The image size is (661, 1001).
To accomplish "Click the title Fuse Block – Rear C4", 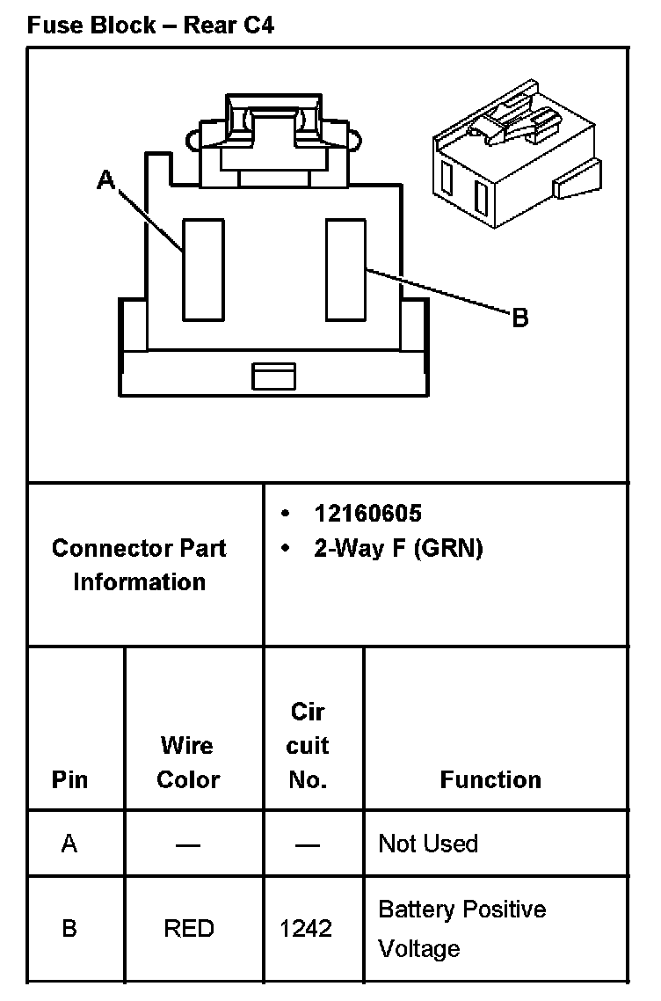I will tap(150, 26).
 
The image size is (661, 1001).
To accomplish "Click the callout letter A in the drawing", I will tap(106, 181).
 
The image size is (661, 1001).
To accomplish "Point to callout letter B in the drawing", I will tap(519, 318).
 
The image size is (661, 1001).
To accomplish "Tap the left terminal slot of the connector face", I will tap(203, 270).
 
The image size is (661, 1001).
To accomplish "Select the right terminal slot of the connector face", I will tap(345, 270).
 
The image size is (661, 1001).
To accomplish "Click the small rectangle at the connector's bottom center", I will tap(273, 376).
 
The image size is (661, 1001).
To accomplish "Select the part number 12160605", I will tap(367, 514).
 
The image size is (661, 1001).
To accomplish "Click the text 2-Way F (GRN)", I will tap(397, 549).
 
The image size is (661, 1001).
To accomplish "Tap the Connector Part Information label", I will tap(139, 565).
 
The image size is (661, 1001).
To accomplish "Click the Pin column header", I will tap(69, 779).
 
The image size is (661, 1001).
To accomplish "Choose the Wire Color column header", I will tap(187, 763).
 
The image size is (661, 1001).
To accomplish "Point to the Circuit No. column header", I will tap(308, 746).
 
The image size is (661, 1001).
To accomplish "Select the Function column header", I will tap(490, 779).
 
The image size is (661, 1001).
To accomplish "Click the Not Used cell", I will tap(428, 844).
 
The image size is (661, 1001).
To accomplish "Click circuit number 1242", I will tap(306, 929).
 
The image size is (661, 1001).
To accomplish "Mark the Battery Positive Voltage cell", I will tap(461, 929).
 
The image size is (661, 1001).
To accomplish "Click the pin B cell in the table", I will tap(69, 929).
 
